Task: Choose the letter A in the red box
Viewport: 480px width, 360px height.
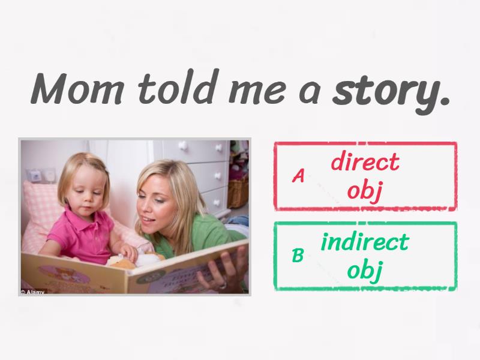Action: [298, 176]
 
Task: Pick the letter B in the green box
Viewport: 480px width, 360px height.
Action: [298, 256]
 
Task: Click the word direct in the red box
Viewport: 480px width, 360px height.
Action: [365, 162]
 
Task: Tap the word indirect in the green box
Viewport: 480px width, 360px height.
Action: [364, 242]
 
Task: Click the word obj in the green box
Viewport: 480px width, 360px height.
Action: [364, 271]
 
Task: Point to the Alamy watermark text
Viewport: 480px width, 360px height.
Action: [33, 292]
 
